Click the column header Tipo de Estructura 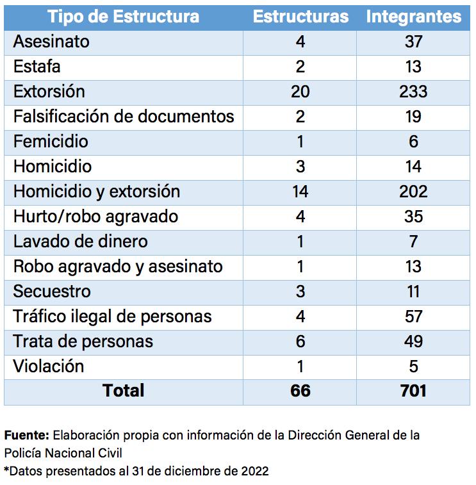124,17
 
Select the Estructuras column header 300,17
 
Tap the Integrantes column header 413,17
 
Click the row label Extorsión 49,92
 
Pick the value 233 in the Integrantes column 413,92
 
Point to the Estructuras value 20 300,92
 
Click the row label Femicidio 51,142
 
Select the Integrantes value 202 413,192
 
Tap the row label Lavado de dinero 81,242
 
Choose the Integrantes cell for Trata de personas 413,341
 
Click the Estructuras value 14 300,192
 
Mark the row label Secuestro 52,292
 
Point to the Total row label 124,390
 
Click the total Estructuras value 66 300,390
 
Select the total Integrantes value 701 413,390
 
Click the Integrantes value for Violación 413,366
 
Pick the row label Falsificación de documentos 124,117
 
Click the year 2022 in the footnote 255,472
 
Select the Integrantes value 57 413,316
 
